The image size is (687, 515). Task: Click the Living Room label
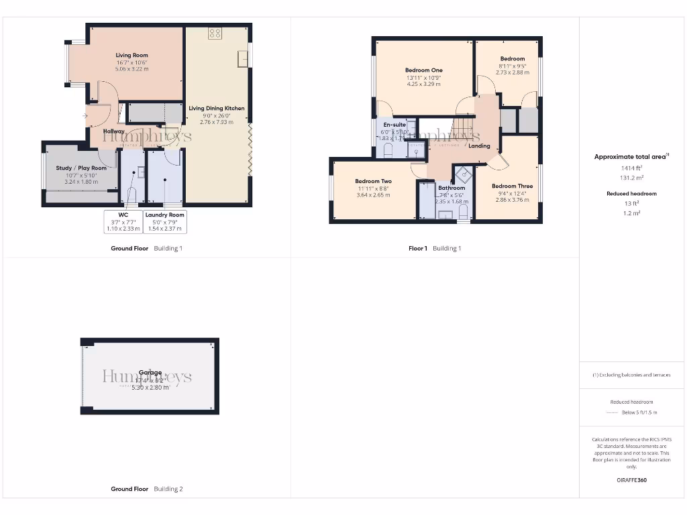click(131, 56)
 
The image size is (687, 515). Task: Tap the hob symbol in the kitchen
click(215, 33)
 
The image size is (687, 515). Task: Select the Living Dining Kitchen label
click(216, 108)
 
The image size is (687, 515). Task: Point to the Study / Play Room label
click(81, 168)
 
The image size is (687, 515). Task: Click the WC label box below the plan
click(123, 215)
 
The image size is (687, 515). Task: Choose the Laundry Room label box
click(165, 215)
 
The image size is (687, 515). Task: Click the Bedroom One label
click(423, 70)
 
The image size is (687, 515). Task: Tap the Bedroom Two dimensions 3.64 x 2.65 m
click(373, 195)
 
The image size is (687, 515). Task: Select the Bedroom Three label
click(512, 186)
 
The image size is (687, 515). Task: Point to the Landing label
click(479, 146)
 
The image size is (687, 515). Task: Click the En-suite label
click(394, 125)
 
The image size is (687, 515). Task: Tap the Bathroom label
click(452, 188)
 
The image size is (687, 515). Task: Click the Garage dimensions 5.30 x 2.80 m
click(150, 388)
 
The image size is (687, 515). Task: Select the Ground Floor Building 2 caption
click(146, 489)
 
